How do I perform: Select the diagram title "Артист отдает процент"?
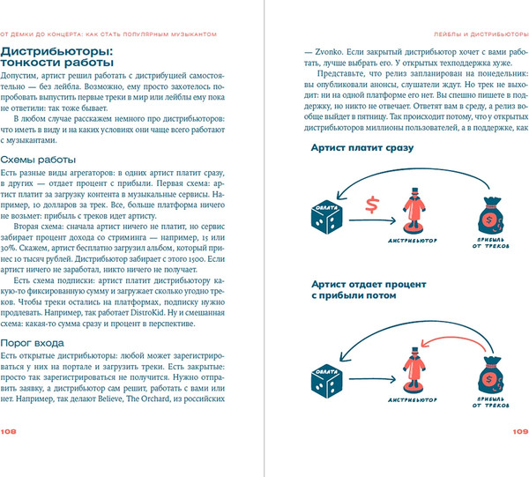pos(368,285)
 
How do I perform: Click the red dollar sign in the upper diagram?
pos(373,205)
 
